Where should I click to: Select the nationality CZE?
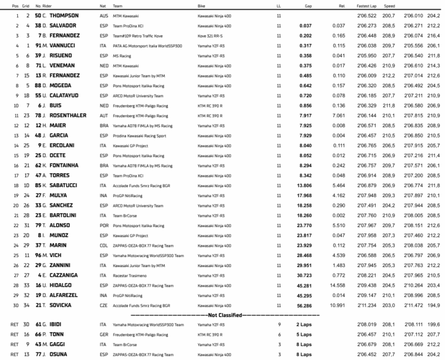[103, 305]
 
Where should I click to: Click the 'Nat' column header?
[103, 5]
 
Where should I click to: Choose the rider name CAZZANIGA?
[66, 275]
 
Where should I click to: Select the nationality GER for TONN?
[104, 335]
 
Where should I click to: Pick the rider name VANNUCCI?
[65, 45]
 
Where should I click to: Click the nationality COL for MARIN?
[103, 245]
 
